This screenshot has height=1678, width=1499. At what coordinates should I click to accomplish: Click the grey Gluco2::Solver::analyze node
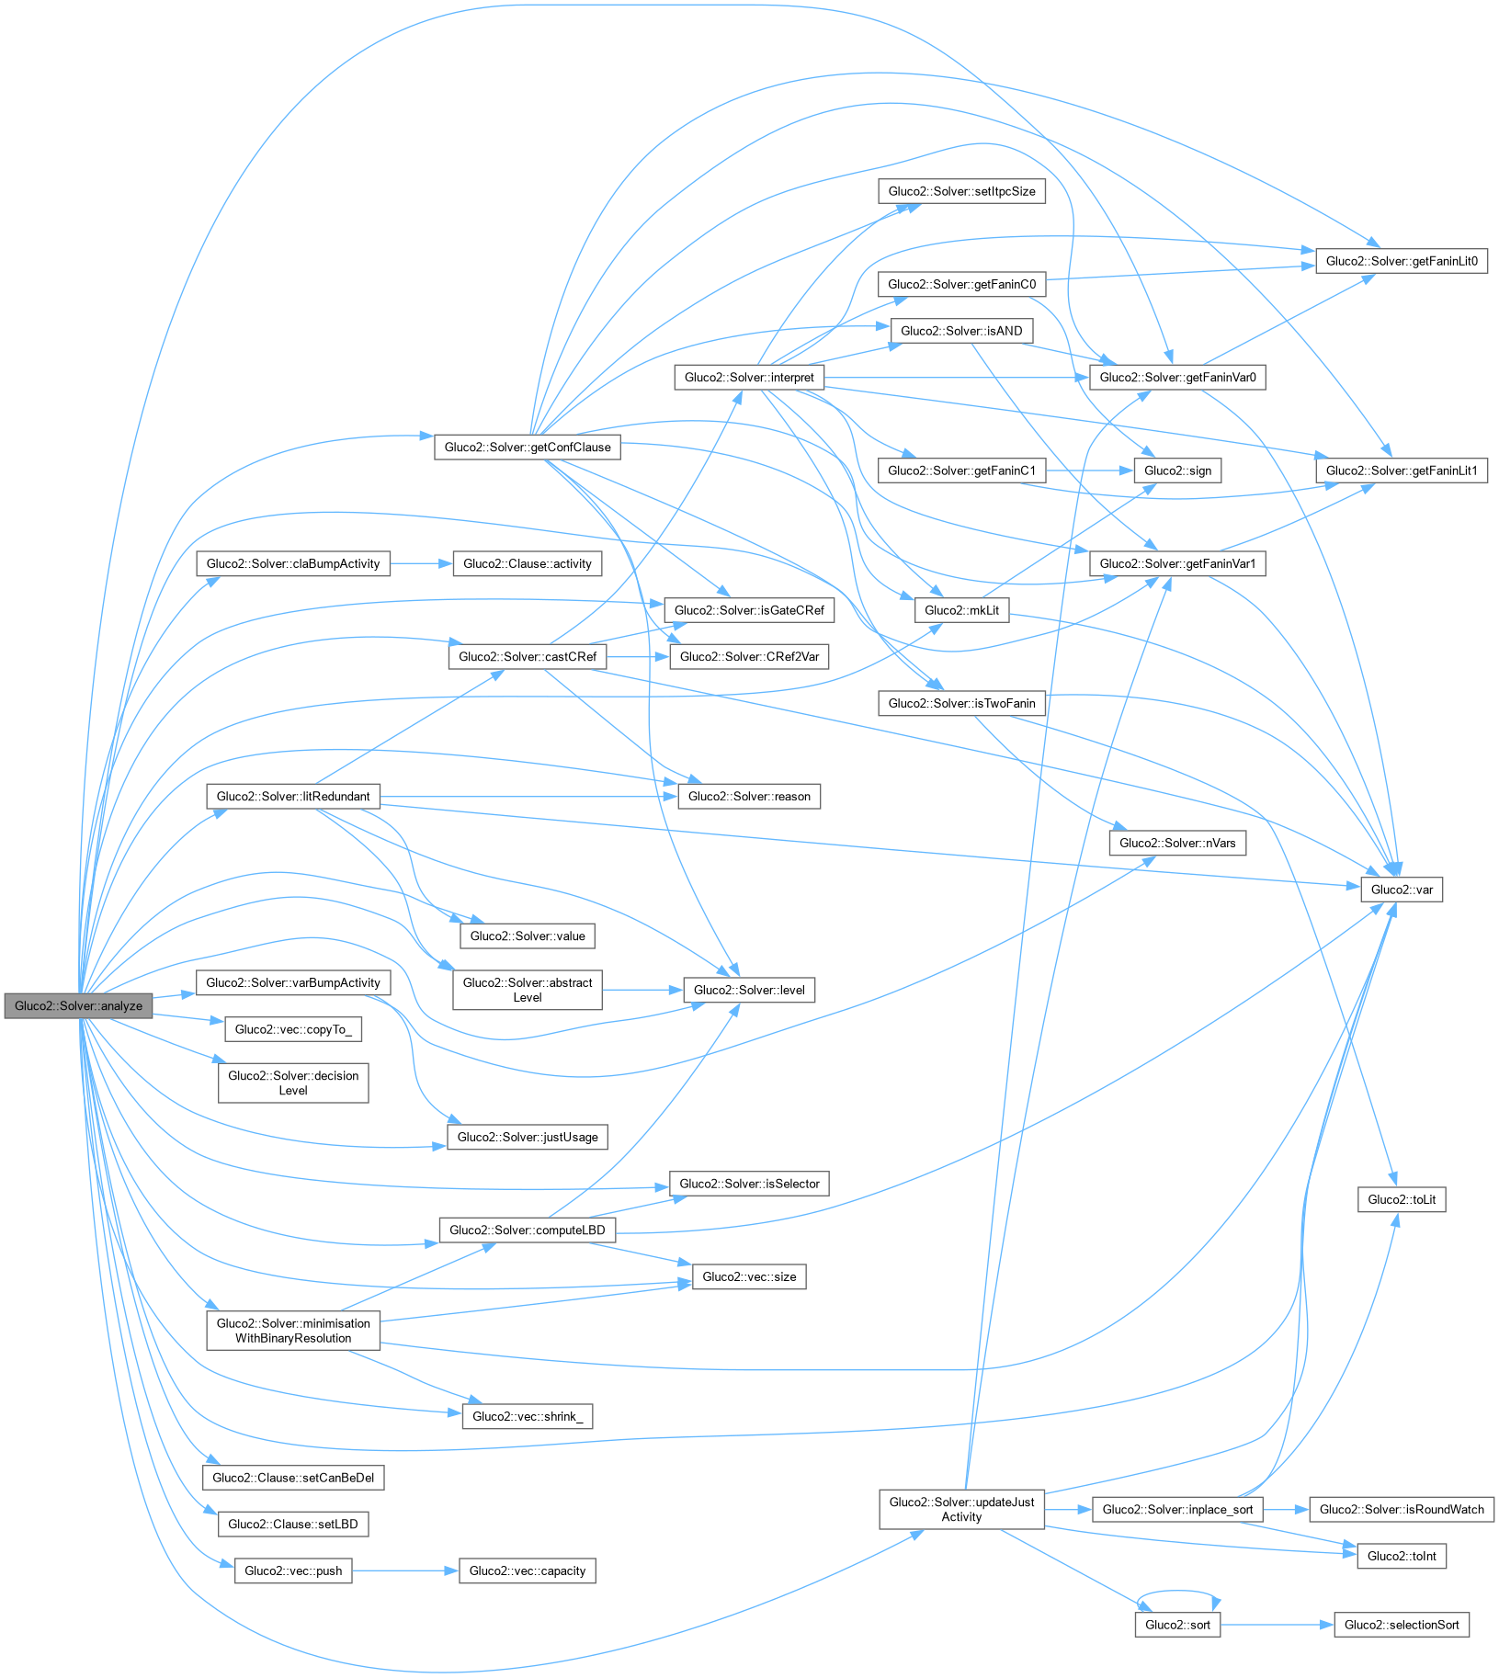coord(78,1005)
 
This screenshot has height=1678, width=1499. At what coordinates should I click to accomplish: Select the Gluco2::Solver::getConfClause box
coord(528,448)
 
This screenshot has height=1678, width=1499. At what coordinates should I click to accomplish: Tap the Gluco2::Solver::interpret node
coord(749,377)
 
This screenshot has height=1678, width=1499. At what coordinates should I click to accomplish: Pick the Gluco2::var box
coord(1402,890)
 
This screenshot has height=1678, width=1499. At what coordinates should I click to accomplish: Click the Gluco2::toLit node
coord(1402,1199)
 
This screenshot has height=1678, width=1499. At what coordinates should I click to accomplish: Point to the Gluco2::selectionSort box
coord(1402,1625)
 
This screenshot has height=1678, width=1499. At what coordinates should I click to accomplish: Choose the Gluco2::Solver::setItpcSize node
coord(961,191)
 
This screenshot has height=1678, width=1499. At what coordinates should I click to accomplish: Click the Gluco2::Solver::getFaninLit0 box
coord(1402,261)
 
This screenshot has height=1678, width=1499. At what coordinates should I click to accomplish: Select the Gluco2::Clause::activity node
coord(528,563)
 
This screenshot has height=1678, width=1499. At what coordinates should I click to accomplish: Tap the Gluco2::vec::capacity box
coord(528,1570)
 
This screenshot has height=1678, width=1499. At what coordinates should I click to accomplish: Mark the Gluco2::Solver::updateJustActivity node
coord(961,1509)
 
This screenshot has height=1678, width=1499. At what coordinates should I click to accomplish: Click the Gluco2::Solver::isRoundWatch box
coord(1402,1509)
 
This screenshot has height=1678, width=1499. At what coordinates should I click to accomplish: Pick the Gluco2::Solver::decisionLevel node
coord(293,1083)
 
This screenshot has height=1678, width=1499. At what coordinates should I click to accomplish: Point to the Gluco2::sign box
coord(1177,471)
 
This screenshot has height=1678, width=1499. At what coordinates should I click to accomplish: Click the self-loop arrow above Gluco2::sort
coord(1178,1592)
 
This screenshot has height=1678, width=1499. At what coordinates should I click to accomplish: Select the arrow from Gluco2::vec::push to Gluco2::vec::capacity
coord(404,1570)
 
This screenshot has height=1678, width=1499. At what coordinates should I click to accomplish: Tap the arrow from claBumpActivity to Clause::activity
coord(421,563)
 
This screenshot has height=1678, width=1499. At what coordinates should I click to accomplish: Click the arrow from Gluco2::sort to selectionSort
coord(1278,1625)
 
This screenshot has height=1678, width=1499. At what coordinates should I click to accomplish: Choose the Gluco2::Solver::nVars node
coord(1177,843)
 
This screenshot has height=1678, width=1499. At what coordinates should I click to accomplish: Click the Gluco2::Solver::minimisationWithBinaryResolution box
coord(293,1331)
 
